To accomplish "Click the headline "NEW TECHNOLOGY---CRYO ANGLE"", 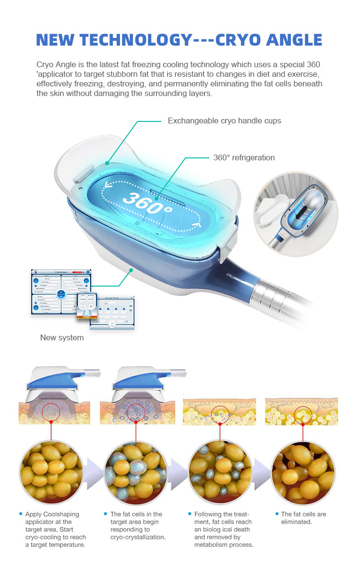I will coord(179,40).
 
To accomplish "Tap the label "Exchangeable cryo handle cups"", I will coord(224,121).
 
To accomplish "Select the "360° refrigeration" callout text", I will coord(244,157).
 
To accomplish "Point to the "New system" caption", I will coord(62,337).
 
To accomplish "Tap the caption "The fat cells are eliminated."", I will coord(303,518).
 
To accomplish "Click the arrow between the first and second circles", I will coord(94,473).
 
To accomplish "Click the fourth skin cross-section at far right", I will coord(302,412).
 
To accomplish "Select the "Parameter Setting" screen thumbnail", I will coord(112,312).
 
